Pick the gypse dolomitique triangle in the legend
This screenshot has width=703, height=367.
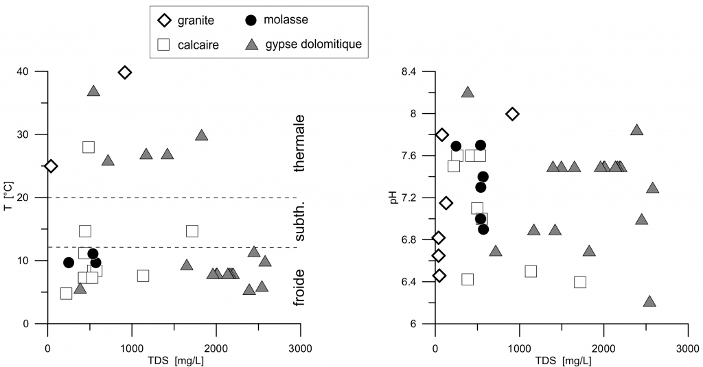pos(251,45)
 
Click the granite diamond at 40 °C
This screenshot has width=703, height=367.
pos(125,72)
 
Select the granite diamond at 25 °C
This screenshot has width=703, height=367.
pos(50,166)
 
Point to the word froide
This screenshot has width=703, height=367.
pos(300,287)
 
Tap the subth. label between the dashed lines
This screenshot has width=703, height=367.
pos(300,222)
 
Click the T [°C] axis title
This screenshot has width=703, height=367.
pos(8,198)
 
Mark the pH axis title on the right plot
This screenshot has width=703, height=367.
pos(395,198)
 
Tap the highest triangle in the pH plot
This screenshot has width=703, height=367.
pos(468,92)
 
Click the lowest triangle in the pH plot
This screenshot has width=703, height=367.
pos(649,301)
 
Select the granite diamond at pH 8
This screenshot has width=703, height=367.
pos(512,114)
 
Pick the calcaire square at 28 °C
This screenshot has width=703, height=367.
pos(89,147)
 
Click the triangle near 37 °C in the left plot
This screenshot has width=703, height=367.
pos(94,91)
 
